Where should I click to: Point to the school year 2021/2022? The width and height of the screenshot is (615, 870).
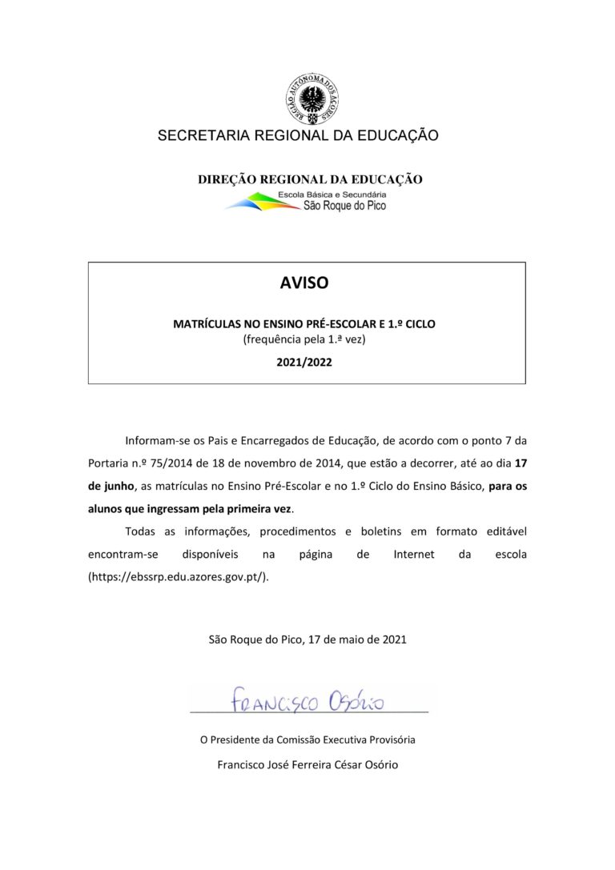[x=305, y=361]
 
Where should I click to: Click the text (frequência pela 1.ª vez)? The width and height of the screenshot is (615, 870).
[x=305, y=340]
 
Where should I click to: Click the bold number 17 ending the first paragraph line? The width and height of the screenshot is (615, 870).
[x=521, y=463]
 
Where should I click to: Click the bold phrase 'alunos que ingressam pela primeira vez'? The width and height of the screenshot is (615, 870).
[x=190, y=508]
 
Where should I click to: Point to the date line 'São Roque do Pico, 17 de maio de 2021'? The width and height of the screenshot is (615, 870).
[x=307, y=639]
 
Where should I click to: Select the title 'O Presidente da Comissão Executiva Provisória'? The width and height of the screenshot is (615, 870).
[x=307, y=740]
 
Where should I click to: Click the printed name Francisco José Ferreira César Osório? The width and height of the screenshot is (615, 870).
[x=307, y=764]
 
